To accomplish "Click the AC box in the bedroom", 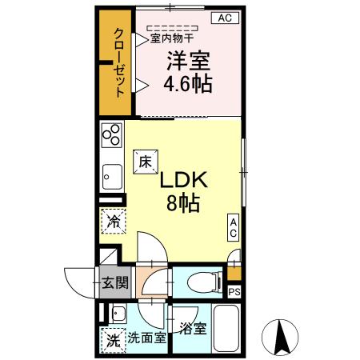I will tap(225, 18).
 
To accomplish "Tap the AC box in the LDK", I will tap(234, 226).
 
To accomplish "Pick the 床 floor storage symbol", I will tap(145, 160).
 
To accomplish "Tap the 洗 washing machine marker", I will tap(111, 339).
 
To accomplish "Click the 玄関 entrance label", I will tap(112, 282).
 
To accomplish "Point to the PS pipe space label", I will tap(234, 291).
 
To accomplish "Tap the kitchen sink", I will tap(110, 175).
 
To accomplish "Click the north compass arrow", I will tap(282, 336).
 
